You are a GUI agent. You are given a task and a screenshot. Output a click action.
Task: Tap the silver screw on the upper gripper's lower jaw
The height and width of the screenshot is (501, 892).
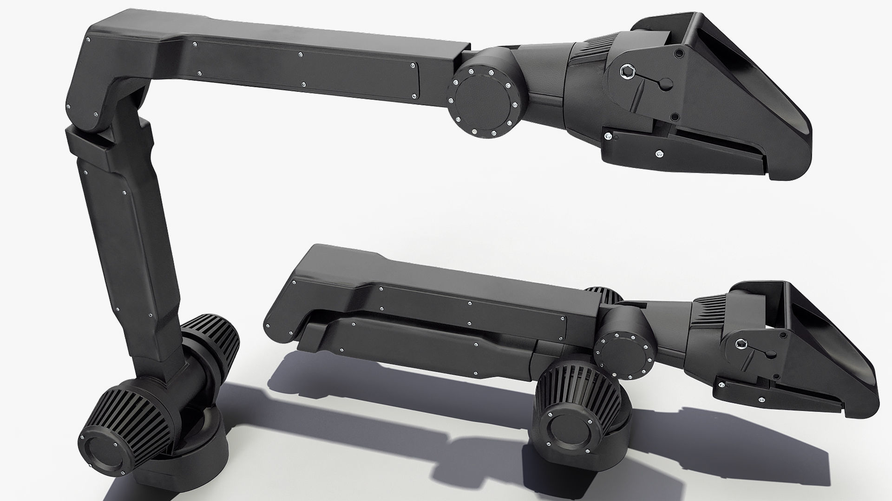[x=659, y=153]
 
